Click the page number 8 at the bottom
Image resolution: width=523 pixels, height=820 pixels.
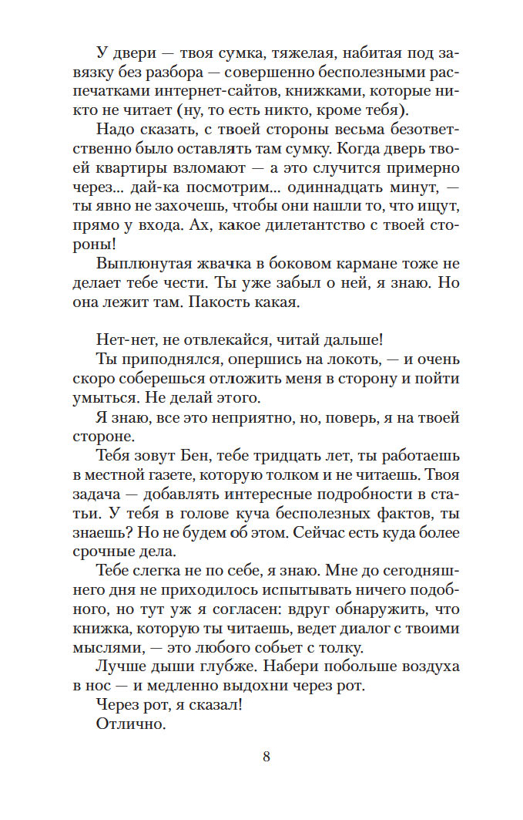point(267,756)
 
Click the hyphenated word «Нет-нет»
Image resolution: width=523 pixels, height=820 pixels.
point(122,339)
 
